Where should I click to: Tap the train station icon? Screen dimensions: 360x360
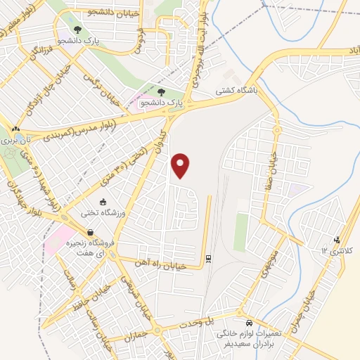(209, 259)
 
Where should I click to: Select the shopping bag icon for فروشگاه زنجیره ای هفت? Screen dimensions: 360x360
(90, 233)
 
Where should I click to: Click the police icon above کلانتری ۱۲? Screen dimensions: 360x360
(337, 240)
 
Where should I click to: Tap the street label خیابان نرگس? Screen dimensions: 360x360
(97, 85)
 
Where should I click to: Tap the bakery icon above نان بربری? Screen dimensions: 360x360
(15, 129)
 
